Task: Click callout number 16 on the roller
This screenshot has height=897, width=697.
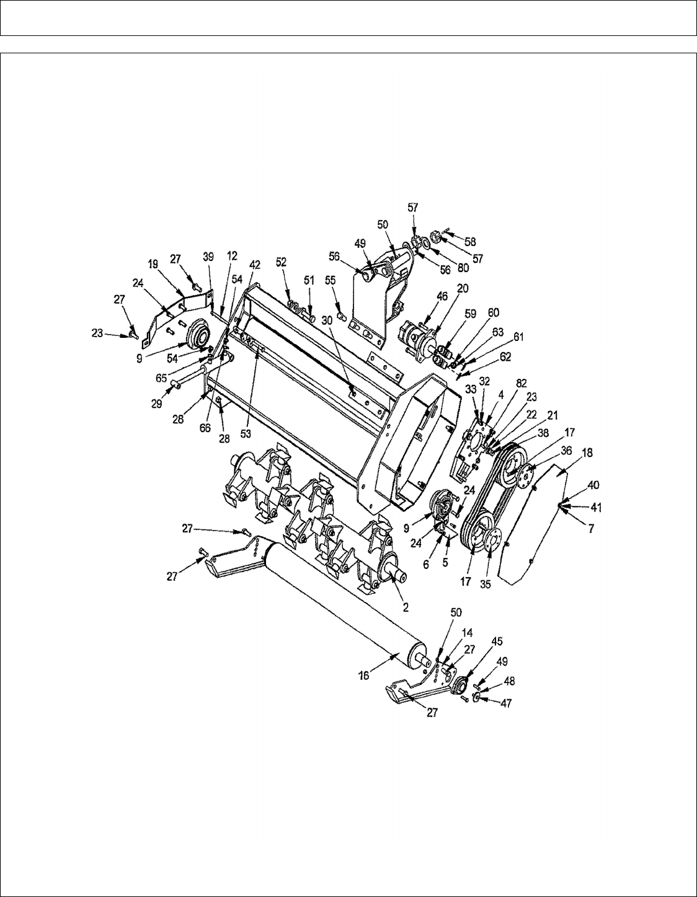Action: (365, 675)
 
